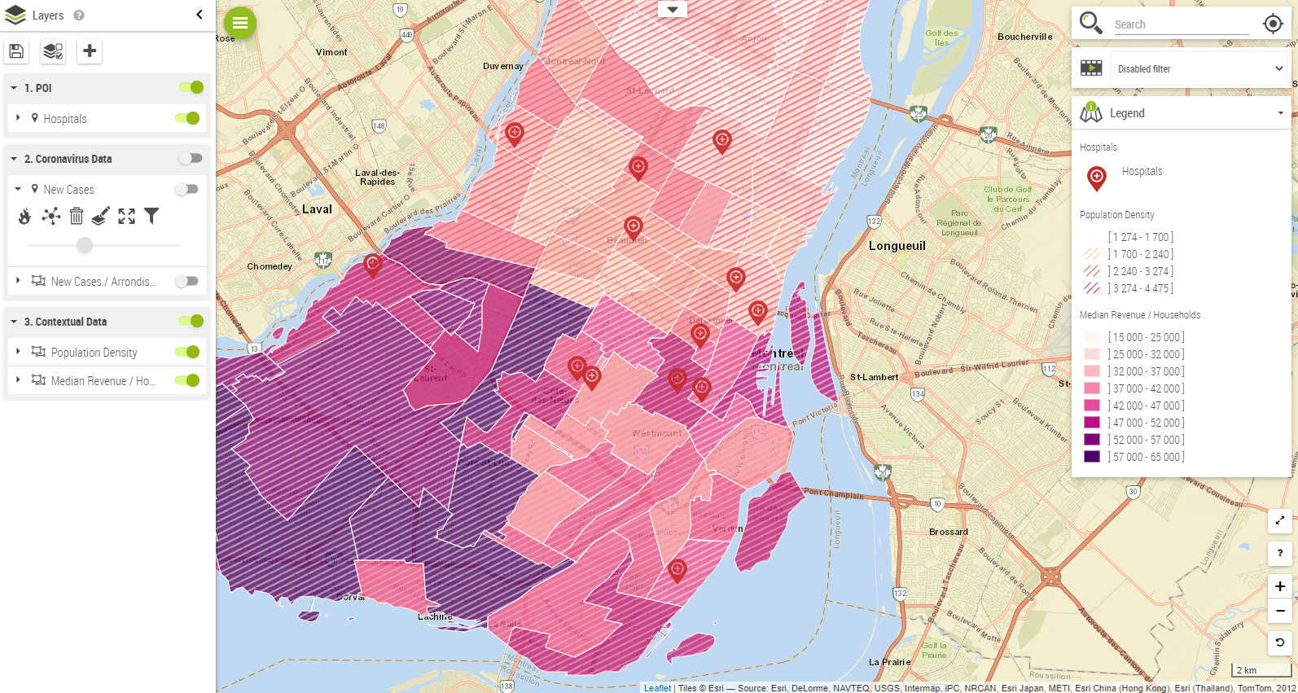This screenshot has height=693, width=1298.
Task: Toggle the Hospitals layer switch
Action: (x=188, y=118)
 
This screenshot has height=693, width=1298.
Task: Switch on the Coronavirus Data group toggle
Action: (x=191, y=158)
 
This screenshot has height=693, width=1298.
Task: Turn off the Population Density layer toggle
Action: (x=188, y=352)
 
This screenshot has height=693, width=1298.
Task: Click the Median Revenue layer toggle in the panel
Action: (x=188, y=380)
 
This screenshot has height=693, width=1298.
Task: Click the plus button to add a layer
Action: (x=90, y=51)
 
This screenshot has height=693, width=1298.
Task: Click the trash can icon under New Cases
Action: (x=77, y=216)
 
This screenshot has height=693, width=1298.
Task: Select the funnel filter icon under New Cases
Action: (x=151, y=216)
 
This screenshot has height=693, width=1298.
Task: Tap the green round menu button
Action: (x=240, y=23)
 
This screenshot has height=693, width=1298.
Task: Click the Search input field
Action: (x=1181, y=24)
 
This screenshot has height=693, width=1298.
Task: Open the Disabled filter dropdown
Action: (x=1199, y=69)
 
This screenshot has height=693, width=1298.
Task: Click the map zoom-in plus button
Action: (x=1280, y=586)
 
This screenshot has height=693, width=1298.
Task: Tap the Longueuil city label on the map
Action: (x=897, y=246)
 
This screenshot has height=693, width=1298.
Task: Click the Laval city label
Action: (x=317, y=209)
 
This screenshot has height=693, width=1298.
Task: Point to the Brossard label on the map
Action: (x=949, y=532)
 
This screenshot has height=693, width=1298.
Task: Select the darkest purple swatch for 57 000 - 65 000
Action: (x=1092, y=457)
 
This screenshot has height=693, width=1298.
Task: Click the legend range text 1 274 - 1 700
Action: (x=1140, y=237)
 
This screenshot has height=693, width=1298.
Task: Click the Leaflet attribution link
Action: (x=657, y=688)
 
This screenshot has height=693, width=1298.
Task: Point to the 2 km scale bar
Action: (x=1261, y=670)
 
